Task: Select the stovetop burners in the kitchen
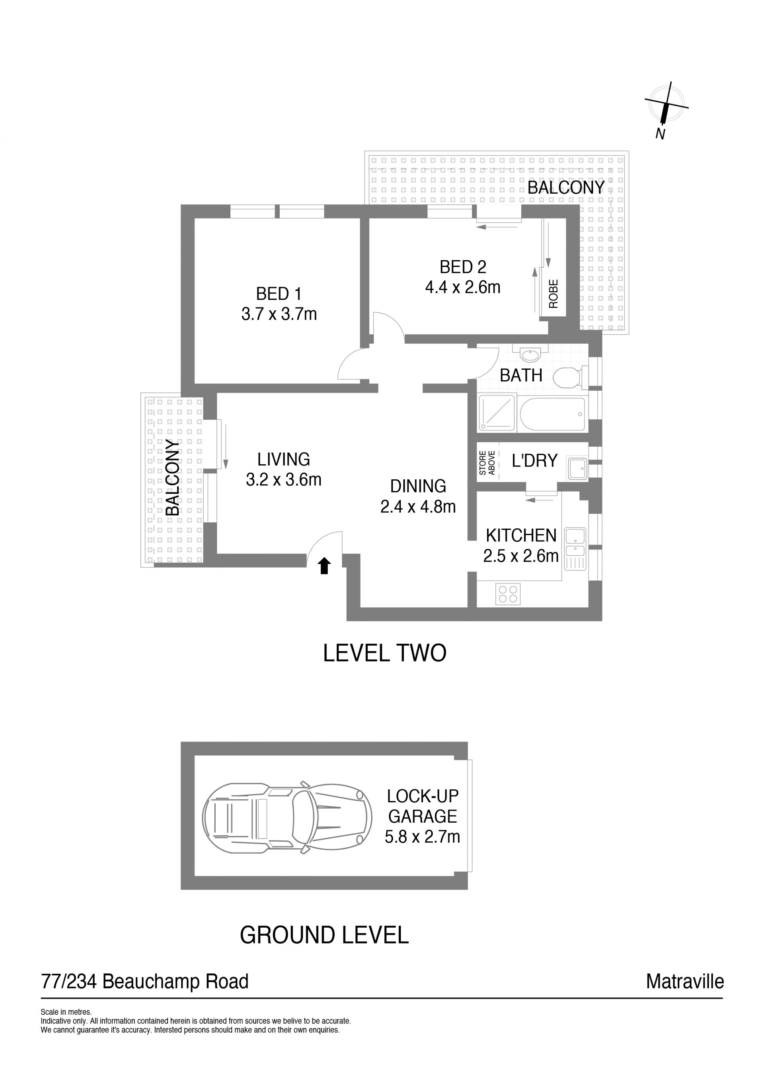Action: [x=508, y=594]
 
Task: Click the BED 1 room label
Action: [x=279, y=294]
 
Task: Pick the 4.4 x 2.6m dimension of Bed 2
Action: [x=462, y=288]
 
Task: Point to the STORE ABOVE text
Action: [x=487, y=463]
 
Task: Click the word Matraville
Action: [x=685, y=982]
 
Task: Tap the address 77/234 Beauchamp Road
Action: [x=145, y=982]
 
